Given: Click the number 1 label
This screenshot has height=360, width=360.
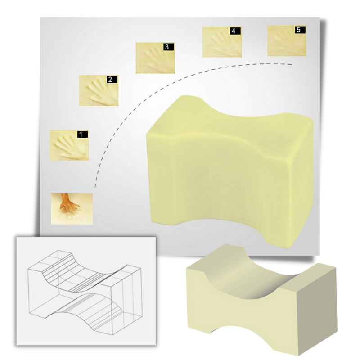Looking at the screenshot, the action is tap(82, 134).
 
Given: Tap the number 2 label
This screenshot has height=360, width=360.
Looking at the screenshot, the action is tap(112, 80).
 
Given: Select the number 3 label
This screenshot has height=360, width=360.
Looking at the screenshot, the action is tap(168, 47).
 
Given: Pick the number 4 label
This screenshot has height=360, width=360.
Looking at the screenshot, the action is tap(235, 31).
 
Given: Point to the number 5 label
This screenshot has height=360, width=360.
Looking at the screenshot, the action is tap(300, 30).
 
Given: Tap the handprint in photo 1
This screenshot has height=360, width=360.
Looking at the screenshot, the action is tap(69, 148).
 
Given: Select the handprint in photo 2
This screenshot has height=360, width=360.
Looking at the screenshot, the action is tap(101, 93).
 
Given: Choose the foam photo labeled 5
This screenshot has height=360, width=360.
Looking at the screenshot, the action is tap(287, 40).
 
